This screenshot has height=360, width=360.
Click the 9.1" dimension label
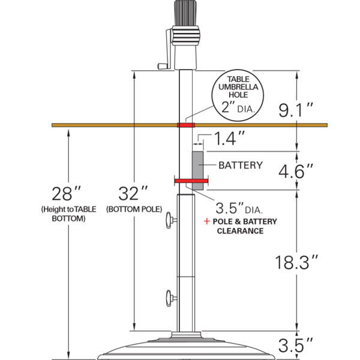(296, 110)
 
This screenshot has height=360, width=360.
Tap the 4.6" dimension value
(296, 171)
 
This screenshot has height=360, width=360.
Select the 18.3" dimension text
(296, 262)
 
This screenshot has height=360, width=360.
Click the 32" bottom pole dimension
(133, 194)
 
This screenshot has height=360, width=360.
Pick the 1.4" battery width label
(229, 138)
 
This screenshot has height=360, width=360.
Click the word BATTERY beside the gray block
(241, 166)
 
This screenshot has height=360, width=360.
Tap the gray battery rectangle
(197, 170)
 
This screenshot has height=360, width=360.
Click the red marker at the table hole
(186, 125)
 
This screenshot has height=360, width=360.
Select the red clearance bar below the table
(191, 181)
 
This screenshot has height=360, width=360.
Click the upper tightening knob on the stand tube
(170, 220)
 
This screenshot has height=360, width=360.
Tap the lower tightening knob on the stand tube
(170, 298)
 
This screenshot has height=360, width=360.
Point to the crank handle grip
(163, 66)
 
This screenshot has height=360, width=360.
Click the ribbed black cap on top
(185, 13)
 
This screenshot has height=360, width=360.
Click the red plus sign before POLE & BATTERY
(207, 221)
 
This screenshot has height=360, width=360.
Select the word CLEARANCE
(240, 231)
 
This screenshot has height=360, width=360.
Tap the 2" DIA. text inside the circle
(238, 107)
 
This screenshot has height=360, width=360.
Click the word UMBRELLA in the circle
(238, 87)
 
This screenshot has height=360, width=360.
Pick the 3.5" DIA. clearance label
(239, 208)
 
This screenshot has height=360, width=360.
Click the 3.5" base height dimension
(296, 345)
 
